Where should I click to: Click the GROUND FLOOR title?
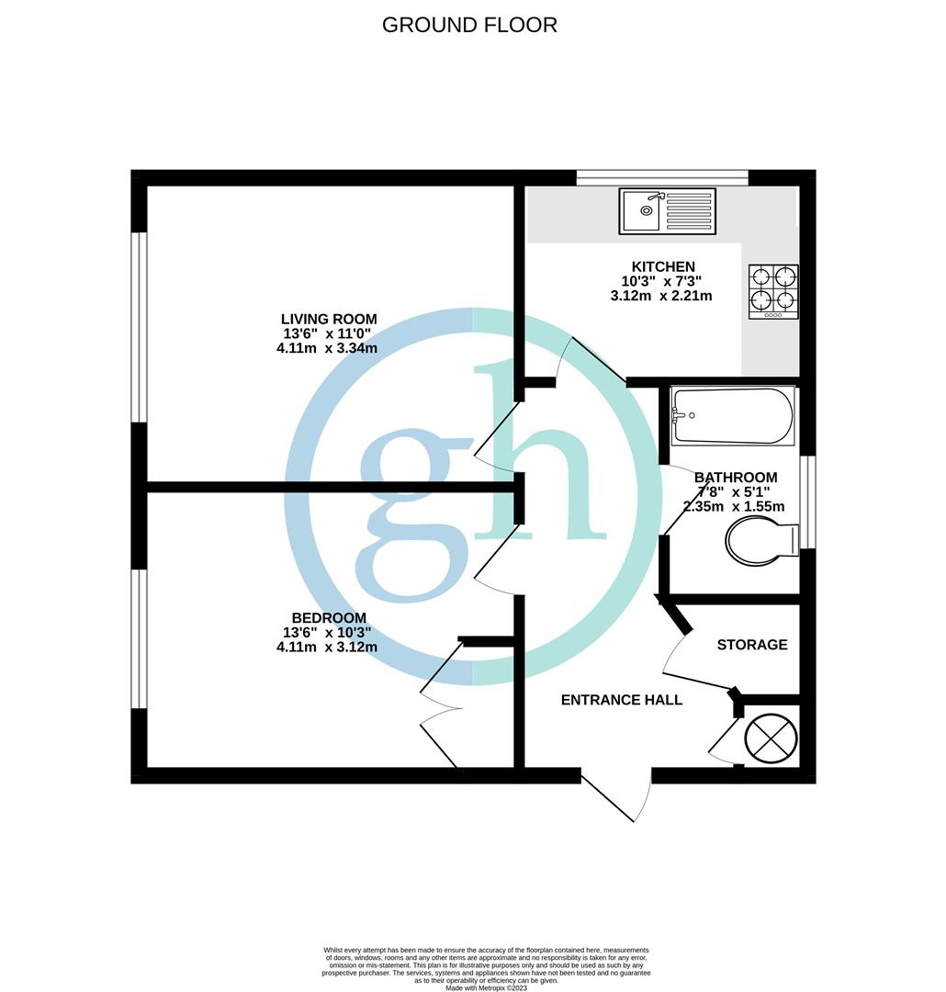469,25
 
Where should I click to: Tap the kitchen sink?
668,211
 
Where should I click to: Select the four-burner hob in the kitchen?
773,291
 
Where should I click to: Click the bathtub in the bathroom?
732,415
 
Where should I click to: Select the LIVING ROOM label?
329,319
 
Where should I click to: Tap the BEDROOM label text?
328,618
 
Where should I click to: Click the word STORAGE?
752,645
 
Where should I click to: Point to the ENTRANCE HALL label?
622,700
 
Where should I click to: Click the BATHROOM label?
736,478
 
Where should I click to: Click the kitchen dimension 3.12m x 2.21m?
661,296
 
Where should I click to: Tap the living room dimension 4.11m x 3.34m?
329,348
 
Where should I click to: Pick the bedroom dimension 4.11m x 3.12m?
328,647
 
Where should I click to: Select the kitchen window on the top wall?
662,177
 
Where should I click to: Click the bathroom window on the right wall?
807,502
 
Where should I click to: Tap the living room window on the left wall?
140,327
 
